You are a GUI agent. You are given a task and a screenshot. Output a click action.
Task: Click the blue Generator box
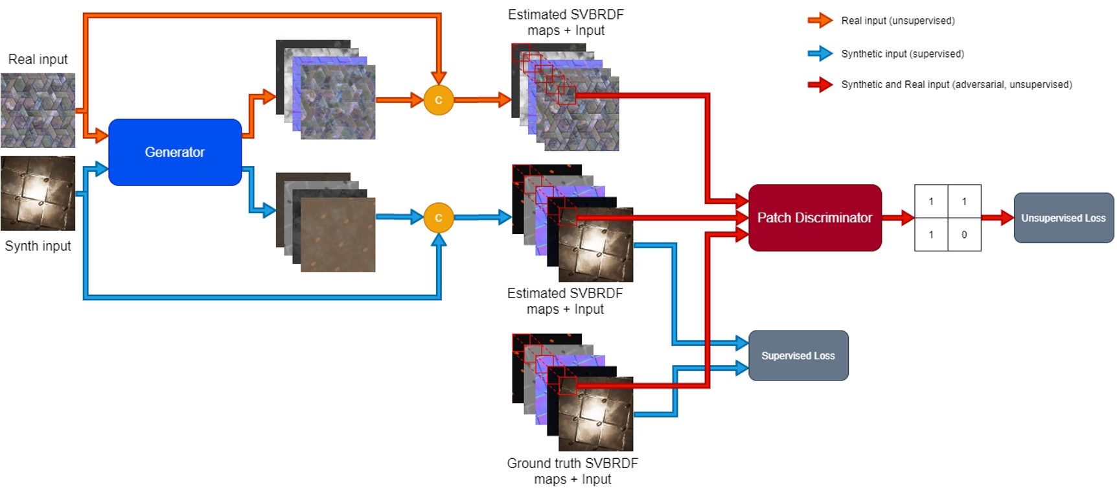pyautogui.click(x=175, y=152)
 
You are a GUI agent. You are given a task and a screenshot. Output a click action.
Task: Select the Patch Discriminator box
pyautogui.click(x=814, y=218)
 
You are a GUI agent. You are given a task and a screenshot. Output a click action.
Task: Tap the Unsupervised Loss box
pyautogui.click(x=1063, y=218)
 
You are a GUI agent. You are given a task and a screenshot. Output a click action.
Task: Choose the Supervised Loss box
pyautogui.click(x=798, y=355)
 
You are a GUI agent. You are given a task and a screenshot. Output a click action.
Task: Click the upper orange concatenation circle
pyautogui.click(x=439, y=100)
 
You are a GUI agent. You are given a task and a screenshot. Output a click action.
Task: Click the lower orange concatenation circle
pyautogui.click(x=439, y=218)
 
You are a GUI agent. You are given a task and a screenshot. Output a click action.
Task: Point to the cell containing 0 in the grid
pyautogui.click(x=964, y=235)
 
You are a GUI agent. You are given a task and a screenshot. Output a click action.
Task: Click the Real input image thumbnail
pyautogui.click(x=38, y=110)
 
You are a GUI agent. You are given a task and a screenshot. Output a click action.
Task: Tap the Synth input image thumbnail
pyautogui.click(x=38, y=193)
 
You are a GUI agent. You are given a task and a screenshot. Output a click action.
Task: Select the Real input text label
pyautogui.click(x=38, y=60)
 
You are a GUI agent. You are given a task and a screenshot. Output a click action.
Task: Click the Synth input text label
pyautogui.click(x=38, y=246)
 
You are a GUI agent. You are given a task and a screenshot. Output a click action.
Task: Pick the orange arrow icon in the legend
pyautogui.click(x=820, y=20)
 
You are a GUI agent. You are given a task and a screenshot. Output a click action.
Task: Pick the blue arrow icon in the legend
pyautogui.click(x=820, y=53)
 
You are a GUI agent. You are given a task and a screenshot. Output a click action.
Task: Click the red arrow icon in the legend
pyautogui.click(x=820, y=84)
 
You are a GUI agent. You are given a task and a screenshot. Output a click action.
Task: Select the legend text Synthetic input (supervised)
pyautogui.click(x=902, y=54)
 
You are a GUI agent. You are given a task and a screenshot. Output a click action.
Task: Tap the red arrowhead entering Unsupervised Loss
pyautogui.click(x=1006, y=218)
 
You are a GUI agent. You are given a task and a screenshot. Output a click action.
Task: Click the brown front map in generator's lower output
pyautogui.click(x=338, y=235)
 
